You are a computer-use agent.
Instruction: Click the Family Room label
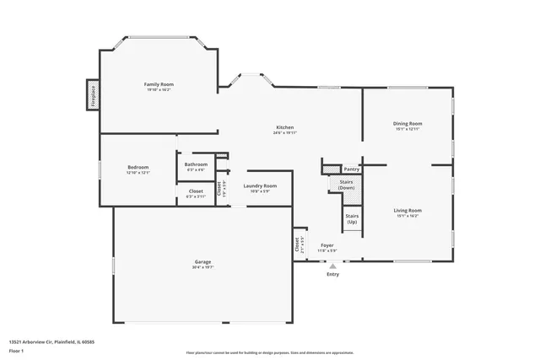point(158,84)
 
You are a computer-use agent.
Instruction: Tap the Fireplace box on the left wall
point(92,94)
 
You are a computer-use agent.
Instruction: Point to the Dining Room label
point(407,124)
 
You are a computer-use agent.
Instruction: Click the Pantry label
point(350,169)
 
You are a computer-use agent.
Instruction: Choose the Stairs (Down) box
point(347,185)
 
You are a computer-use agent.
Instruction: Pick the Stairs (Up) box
point(352,219)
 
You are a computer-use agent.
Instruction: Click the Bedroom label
point(138,167)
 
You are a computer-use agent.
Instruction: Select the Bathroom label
point(196,164)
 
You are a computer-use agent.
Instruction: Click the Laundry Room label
point(260,185)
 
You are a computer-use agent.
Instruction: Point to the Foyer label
point(327,244)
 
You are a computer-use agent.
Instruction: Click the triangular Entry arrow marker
point(332,265)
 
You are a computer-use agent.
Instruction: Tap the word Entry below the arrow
point(332,274)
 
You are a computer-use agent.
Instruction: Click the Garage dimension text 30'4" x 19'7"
point(203,268)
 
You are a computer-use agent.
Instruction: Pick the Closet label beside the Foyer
point(298,244)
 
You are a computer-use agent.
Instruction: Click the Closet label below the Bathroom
point(195,191)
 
